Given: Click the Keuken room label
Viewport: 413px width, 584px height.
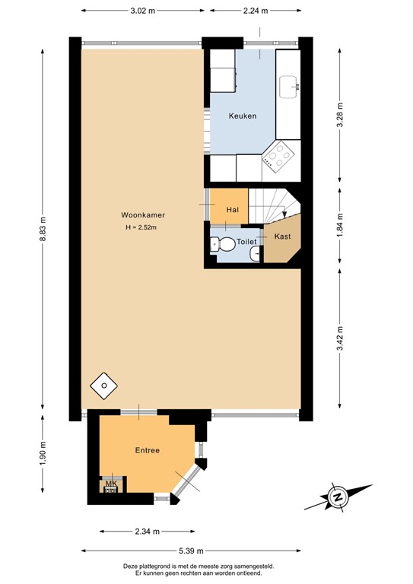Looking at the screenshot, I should click(243, 116).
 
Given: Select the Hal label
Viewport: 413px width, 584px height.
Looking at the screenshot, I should click(233, 209).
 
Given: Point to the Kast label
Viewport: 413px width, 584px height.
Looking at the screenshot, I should click(282, 236).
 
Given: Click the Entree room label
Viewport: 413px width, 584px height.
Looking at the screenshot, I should click(148, 450).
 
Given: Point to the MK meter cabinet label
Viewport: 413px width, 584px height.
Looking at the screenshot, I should click(110, 484).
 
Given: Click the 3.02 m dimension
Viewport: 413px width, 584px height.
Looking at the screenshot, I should click(142, 11).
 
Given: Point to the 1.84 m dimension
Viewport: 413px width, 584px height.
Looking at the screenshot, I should click(340, 225).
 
